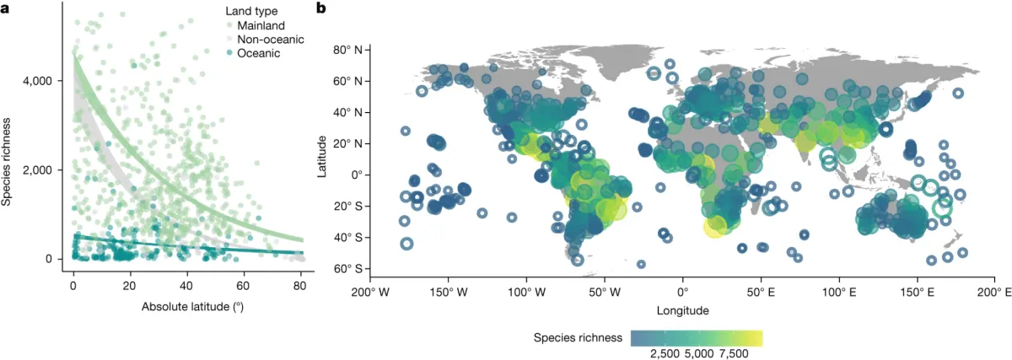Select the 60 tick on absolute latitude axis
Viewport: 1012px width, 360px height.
pyautogui.click(x=243, y=285)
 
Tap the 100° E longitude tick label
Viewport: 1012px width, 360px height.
pyautogui.click(x=839, y=293)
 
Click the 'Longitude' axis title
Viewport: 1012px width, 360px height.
pyautogui.click(x=683, y=310)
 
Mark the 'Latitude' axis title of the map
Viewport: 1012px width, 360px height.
pyautogui.click(x=324, y=158)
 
